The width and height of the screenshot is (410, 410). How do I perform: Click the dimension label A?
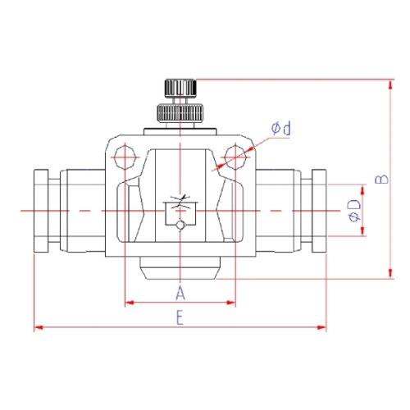click(x=180, y=293)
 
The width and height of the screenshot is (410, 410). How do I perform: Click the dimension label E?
click(x=180, y=318)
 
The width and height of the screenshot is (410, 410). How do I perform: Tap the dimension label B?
click(x=381, y=179)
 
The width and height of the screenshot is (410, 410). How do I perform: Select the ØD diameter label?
click(x=354, y=211)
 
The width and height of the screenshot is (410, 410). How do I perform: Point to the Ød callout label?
click(x=281, y=128)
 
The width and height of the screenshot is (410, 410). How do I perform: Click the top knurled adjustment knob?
click(x=180, y=88)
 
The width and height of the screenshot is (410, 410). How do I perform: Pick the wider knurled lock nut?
click(x=180, y=112)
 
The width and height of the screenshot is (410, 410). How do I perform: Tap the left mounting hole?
click(x=125, y=157)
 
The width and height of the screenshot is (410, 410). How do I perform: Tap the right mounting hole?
click(x=235, y=157)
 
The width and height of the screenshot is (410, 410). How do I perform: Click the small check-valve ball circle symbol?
click(x=180, y=225)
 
